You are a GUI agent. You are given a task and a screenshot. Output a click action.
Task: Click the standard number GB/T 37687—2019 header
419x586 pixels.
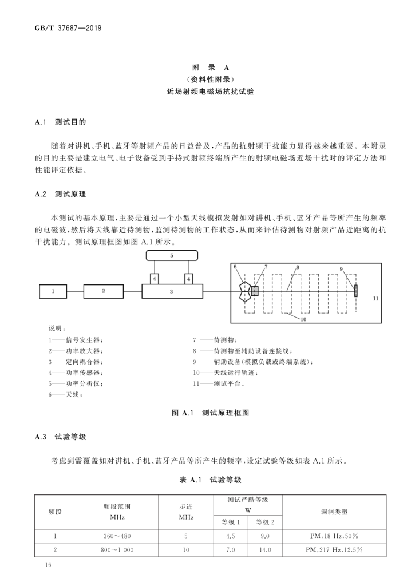[64, 27]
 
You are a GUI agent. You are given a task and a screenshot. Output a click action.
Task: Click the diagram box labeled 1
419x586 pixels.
[53, 291]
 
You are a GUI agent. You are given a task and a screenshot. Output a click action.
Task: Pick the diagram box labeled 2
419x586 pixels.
[104, 291]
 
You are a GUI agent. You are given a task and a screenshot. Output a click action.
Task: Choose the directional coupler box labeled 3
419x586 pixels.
[172, 291]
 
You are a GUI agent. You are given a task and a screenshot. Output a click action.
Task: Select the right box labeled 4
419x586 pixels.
[188, 279]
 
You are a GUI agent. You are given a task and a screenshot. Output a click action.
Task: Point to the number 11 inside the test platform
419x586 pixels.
[375, 299]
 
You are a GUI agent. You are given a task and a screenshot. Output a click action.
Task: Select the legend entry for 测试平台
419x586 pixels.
[223, 384]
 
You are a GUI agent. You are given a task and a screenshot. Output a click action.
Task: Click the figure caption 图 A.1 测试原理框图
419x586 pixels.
[210, 412]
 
